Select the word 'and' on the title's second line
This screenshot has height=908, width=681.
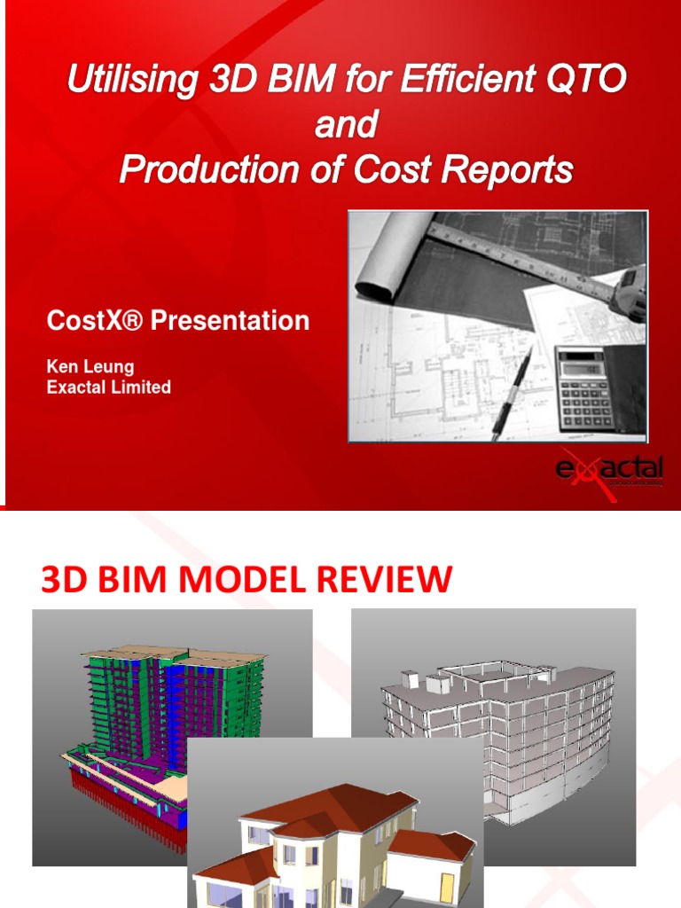(x=346, y=125)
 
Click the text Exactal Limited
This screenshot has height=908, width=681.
(x=108, y=387)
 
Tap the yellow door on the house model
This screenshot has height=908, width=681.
(x=447, y=888)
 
